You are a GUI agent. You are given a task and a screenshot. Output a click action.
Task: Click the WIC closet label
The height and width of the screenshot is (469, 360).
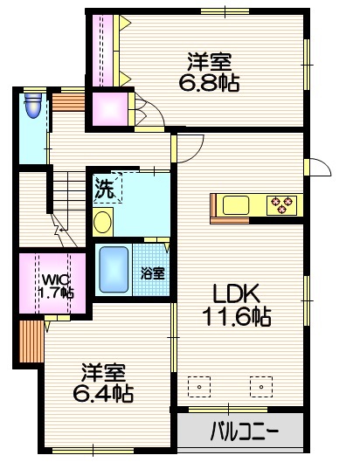coord(52,279)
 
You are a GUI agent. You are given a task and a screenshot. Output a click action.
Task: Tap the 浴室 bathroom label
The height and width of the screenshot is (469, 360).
coord(153,272)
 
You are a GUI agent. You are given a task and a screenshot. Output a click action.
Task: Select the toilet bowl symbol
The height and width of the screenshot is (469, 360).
coord(33,106)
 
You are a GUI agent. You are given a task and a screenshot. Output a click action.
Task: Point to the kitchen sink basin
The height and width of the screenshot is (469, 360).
coord(236,205)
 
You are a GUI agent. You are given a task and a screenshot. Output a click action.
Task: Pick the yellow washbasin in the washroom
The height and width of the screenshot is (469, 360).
coord(102,221)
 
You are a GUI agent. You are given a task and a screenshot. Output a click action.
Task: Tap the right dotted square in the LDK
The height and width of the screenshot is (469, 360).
coord(260,384)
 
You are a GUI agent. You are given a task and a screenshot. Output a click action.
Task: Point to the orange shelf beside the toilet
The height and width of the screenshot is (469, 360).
coord(66,101)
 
